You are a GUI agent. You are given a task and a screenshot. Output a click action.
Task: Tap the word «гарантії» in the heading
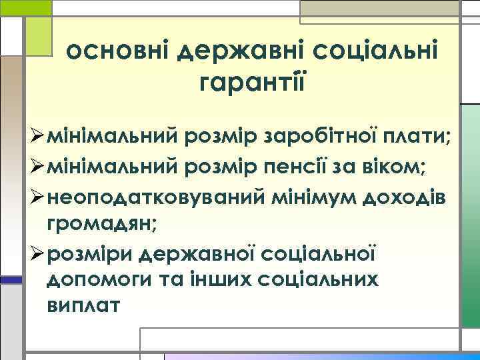(253, 83)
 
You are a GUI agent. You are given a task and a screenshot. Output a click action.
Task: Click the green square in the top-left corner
(26, 7)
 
